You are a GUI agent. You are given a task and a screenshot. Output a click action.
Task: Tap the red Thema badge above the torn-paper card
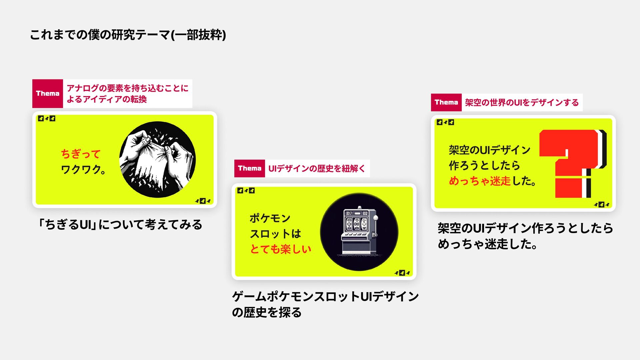[x=48, y=93]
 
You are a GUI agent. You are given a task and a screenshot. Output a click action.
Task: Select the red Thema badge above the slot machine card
[x=249, y=168]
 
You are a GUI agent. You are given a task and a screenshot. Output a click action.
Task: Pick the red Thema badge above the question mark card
[x=446, y=102]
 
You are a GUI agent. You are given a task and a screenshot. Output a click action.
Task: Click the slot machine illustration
[x=359, y=231]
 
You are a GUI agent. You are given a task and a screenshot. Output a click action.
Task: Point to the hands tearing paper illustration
[x=157, y=159]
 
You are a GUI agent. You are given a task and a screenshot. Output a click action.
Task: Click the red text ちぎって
[x=81, y=154]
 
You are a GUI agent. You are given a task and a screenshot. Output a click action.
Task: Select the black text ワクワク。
[x=83, y=169]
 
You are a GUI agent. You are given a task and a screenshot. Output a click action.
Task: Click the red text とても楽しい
[x=281, y=249]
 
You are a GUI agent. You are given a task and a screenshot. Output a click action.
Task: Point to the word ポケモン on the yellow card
[x=270, y=218]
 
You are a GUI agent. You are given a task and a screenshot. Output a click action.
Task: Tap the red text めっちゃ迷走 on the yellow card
[x=480, y=181]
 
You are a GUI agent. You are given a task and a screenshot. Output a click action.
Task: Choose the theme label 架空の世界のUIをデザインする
[x=522, y=102]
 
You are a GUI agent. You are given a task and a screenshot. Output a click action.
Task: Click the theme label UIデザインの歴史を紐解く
[x=317, y=168]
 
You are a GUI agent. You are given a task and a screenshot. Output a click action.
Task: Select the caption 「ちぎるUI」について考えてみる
[x=120, y=225]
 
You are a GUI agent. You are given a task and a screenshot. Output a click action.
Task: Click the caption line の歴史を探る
[x=267, y=312]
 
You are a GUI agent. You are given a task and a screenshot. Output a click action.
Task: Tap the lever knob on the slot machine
[x=376, y=218]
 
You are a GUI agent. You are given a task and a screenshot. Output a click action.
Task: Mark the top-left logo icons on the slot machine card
[x=246, y=191]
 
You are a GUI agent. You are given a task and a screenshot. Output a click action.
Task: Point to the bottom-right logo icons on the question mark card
[x=602, y=204]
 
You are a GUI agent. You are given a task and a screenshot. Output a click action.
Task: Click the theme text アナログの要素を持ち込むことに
[x=128, y=88]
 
